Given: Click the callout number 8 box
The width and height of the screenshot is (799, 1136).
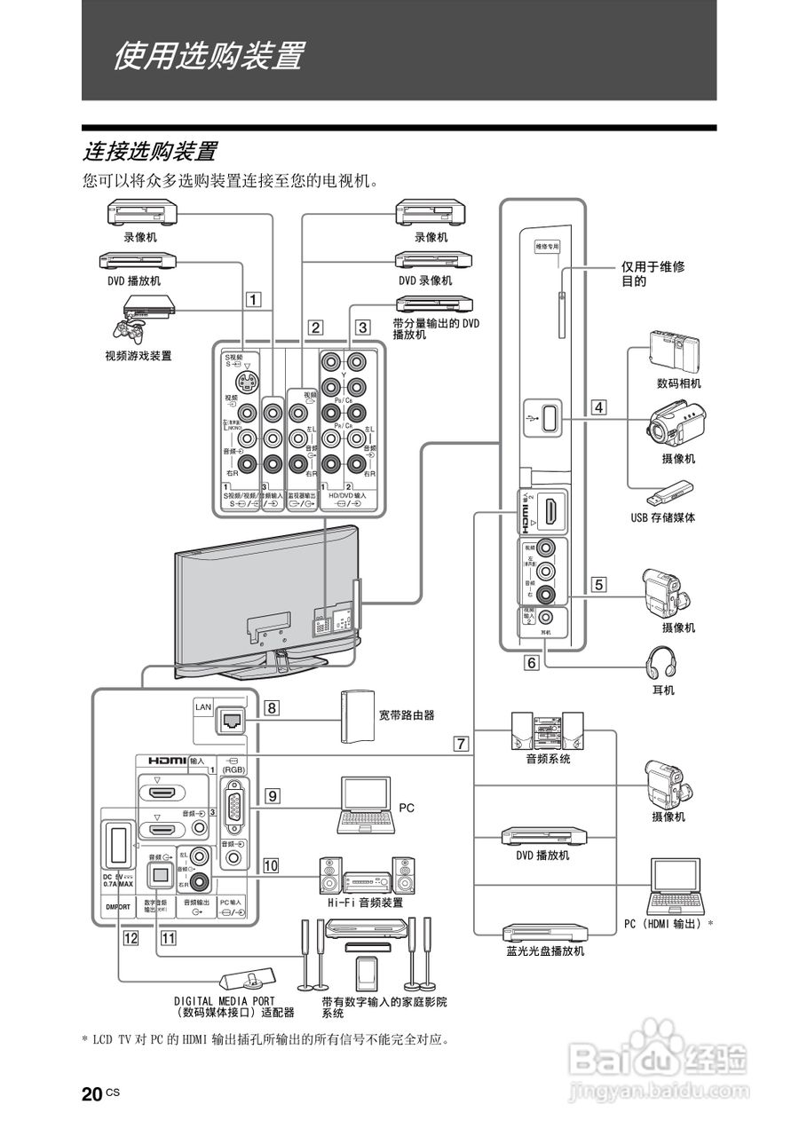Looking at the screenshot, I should point(272,708).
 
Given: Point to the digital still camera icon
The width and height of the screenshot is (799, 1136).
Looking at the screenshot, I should point(675,350).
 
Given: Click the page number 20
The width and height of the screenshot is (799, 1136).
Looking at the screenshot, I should point(91,1094).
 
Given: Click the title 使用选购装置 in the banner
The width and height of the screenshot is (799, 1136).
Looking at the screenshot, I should point(207,56).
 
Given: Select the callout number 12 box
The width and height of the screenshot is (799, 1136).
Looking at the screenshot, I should point(131,935).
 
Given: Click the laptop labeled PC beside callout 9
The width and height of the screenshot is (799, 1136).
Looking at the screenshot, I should point(364,805).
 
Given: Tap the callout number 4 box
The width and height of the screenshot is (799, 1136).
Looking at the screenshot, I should point(600,408).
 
